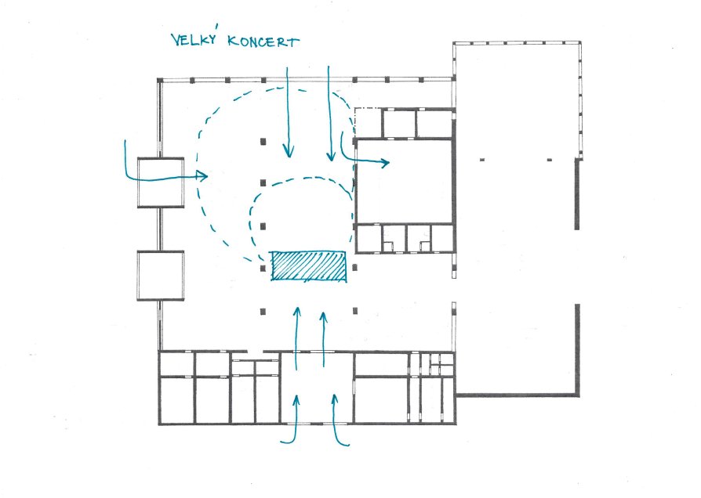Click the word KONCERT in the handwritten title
(263, 41)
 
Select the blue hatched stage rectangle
(309, 267)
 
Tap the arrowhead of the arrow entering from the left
(202, 175)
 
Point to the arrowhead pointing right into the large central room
(384, 163)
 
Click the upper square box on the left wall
(161, 182)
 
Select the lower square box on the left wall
(161, 275)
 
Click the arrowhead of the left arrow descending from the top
(289, 151)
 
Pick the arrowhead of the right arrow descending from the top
(331, 154)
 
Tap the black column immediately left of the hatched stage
(263, 269)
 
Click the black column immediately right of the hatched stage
(354, 268)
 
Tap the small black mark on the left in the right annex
(482, 160)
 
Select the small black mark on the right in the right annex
(550, 160)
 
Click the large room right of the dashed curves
(404, 181)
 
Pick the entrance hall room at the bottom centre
(317, 388)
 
